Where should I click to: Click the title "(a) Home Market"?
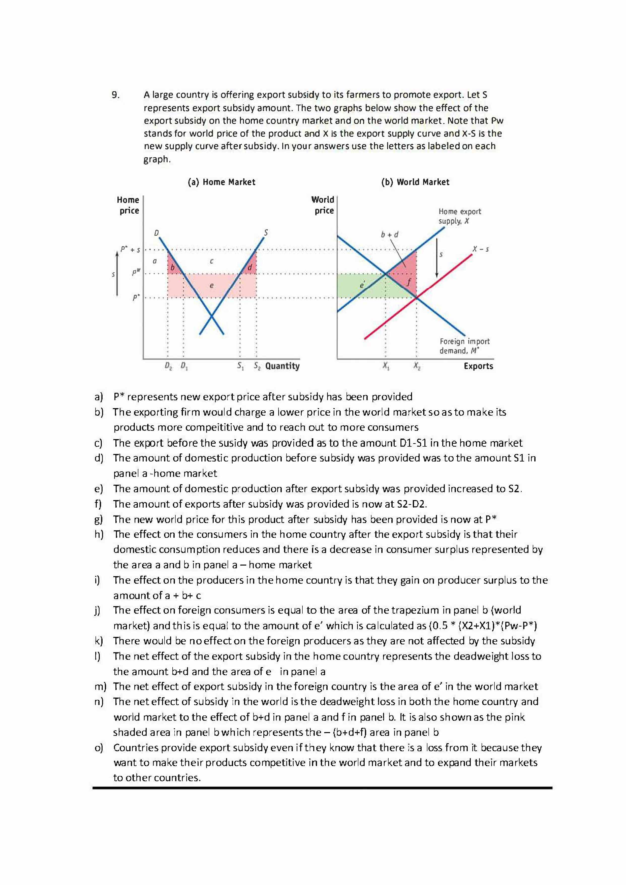[222, 182]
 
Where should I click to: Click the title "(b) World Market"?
[415, 182]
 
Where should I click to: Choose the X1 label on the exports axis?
[385, 366]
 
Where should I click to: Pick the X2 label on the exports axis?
[417, 366]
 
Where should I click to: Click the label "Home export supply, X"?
[459, 216]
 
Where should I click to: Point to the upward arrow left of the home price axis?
[117, 274]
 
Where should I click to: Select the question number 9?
[115, 95]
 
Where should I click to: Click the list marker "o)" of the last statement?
[99, 748]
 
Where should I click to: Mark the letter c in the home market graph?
[211, 261]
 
